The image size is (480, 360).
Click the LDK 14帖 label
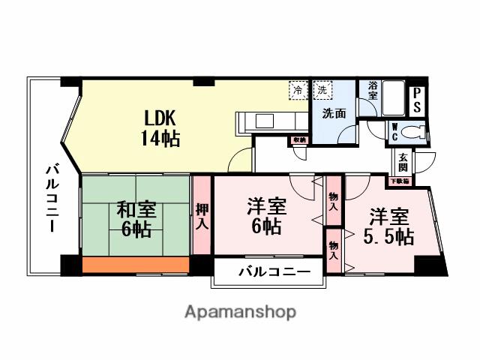[x=160, y=128]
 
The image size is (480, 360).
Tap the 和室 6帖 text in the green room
[x=135, y=220]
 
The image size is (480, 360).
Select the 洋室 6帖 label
[x=266, y=215]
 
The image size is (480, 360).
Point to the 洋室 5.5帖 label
[x=388, y=227]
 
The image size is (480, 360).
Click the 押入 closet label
[x=202, y=215]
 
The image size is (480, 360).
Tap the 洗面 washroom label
[x=334, y=115]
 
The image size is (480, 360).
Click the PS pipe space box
[x=416, y=100]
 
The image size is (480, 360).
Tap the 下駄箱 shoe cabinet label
[x=398, y=181]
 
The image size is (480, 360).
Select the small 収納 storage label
[x=299, y=139]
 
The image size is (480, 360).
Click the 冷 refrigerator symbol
[x=298, y=91]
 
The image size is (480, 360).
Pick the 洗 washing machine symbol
[x=322, y=91]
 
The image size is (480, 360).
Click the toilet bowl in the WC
[x=413, y=133]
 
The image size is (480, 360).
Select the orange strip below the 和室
[x=135, y=265]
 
